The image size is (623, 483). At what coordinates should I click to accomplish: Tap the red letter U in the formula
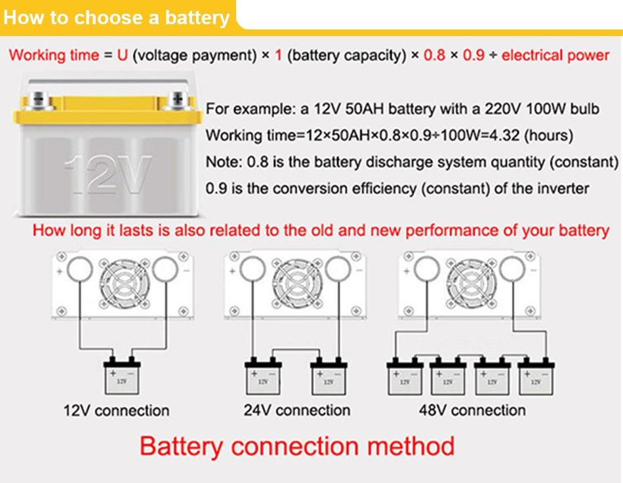click(122, 55)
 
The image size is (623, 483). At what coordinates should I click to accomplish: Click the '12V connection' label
click(116, 411)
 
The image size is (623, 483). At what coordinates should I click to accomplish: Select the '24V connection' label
click(296, 411)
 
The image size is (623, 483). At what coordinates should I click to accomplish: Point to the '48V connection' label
click(472, 411)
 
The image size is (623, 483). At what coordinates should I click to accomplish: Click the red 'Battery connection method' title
click(297, 446)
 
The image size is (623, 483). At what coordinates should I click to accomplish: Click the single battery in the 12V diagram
click(121, 378)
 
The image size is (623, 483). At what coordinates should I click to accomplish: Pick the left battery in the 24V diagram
click(262, 378)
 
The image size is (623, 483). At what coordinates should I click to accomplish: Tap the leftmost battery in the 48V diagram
click(404, 378)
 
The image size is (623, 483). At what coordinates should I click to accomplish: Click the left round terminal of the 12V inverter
click(80, 269)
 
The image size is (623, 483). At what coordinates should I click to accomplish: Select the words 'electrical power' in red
click(555, 55)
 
